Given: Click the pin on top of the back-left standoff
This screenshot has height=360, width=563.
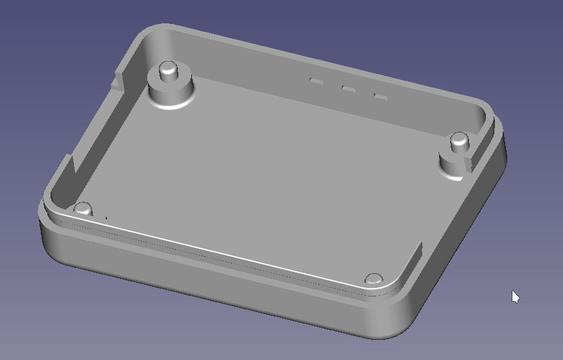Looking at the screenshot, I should click(x=168, y=69).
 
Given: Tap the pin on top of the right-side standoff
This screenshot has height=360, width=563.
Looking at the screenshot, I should click(x=459, y=139).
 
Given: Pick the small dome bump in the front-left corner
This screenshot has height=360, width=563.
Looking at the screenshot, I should click(x=83, y=208).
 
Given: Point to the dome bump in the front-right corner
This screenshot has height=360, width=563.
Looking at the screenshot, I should click(x=373, y=278).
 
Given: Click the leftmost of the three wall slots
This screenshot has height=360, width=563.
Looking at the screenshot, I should click(x=317, y=81).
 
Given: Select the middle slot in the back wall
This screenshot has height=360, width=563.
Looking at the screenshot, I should click(x=348, y=89).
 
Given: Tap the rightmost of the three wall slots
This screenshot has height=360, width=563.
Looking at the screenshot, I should click(x=381, y=97).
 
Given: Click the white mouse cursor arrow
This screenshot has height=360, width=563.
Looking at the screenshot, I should click(x=515, y=296).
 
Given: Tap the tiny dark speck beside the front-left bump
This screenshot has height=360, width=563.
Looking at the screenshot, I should click(x=106, y=217).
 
